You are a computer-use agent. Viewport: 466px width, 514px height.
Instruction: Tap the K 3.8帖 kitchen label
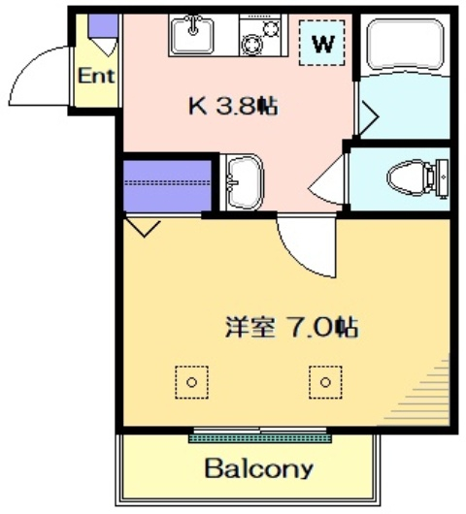tap(232, 106)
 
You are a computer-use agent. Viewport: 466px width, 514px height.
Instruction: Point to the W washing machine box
tap(323, 43)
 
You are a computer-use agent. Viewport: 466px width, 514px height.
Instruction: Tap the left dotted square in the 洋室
tap(191, 381)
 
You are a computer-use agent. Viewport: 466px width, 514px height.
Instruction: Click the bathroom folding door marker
tap(368, 117)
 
